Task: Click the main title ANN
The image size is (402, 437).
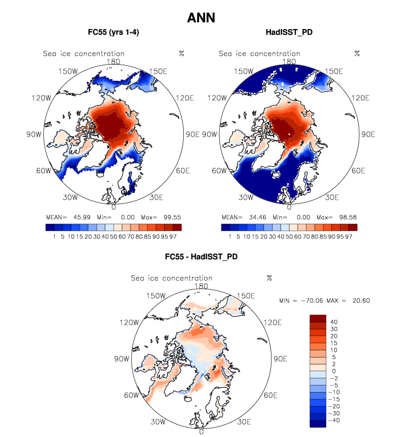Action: click(201, 18)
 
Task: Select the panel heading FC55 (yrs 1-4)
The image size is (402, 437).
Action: click(114, 32)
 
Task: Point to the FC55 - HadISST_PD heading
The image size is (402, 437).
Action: click(201, 256)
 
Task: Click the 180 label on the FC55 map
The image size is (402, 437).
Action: click(114, 62)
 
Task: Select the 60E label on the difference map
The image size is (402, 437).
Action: click(273, 395)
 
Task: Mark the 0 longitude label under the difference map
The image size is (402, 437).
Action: click(201, 432)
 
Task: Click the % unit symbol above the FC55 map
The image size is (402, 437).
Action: click(181, 53)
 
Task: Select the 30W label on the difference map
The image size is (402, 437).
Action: click(159, 422)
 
